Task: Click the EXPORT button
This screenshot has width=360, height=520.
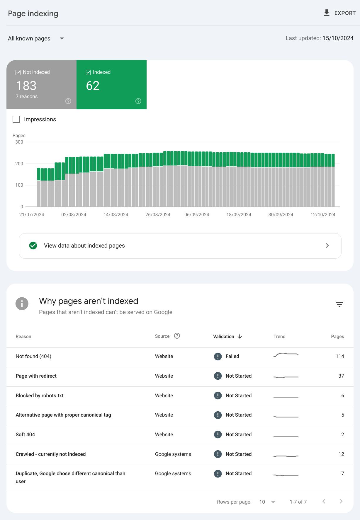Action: pyautogui.click(x=339, y=13)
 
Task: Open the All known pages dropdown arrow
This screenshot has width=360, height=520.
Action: pyautogui.click(x=62, y=38)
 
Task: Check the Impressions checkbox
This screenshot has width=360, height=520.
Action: pyautogui.click(x=16, y=119)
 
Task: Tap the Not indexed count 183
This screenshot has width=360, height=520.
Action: pyautogui.click(x=26, y=86)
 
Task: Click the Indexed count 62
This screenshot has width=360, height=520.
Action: pyautogui.click(x=93, y=86)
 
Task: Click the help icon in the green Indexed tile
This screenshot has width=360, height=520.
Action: pyautogui.click(x=138, y=101)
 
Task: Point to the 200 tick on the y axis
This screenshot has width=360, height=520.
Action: pyautogui.click(x=19, y=164)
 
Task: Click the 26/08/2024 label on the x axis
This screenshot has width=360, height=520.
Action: pyautogui.click(x=158, y=215)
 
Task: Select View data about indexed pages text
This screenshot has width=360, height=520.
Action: pyautogui.click(x=84, y=246)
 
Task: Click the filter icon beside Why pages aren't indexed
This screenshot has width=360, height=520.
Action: pyautogui.click(x=339, y=304)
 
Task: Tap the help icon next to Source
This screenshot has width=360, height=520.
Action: pyautogui.click(x=177, y=336)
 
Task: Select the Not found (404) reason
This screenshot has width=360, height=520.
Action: pyautogui.click(x=33, y=356)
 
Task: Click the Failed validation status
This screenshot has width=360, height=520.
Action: pyautogui.click(x=232, y=356)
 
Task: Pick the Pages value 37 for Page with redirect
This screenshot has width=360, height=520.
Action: pyautogui.click(x=341, y=376)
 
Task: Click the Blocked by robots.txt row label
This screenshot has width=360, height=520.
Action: pyautogui.click(x=40, y=395)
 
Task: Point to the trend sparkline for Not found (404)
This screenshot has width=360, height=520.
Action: pyautogui.click(x=286, y=355)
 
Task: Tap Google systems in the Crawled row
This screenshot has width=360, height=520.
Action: pyautogui.click(x=173, y=454)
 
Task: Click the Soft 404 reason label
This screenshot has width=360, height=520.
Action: pyautogui.click(x=25, y=434)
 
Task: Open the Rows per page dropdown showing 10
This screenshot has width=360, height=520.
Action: pyautogui.click(x=267, y=502)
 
